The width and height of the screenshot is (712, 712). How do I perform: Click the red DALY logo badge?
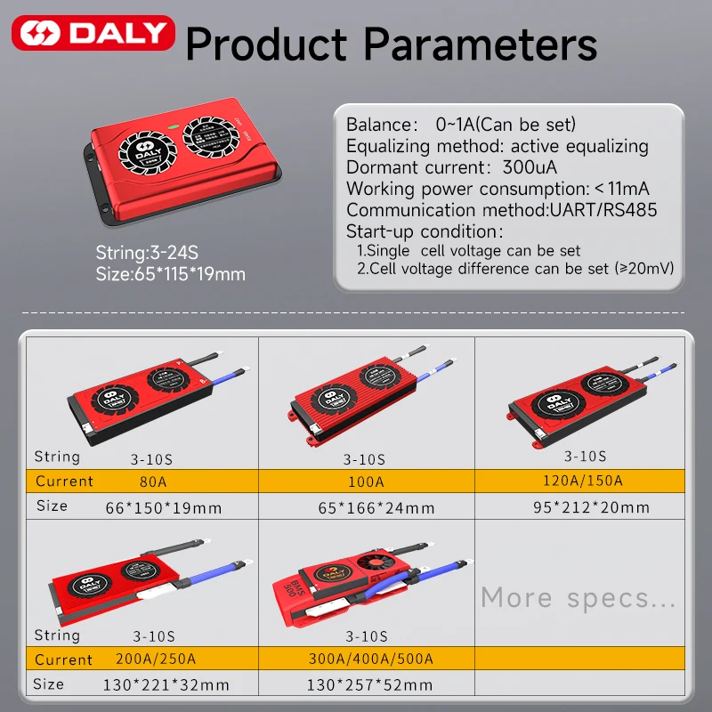(93, 33)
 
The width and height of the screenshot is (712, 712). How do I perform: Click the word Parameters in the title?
(480, 44)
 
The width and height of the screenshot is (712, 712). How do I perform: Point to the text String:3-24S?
(147, 253)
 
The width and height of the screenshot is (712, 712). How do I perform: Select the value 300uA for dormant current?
(530, 167)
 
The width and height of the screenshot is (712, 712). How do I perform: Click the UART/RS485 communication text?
(603, 210)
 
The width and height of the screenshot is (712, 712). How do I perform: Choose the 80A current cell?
(153, 481)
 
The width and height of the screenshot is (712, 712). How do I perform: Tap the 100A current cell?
(366, 481)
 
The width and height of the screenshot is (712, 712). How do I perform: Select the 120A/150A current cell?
(583, 481)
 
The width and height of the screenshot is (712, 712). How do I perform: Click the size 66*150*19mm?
(164, 507)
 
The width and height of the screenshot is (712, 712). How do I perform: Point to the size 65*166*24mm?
(376, 507)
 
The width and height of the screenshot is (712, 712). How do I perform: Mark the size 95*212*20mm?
(591, 507)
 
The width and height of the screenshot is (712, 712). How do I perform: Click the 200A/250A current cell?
(156, 659)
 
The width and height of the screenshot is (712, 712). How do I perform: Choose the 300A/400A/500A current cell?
(371, 659)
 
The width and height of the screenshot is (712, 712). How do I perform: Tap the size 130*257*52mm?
(369, 684)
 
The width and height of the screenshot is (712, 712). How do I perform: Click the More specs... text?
(578, 597)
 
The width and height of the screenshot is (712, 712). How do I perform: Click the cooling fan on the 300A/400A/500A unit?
(376, 563)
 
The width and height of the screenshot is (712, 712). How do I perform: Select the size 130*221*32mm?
(166, 684)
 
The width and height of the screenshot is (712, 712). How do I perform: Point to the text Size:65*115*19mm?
(170, 274)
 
